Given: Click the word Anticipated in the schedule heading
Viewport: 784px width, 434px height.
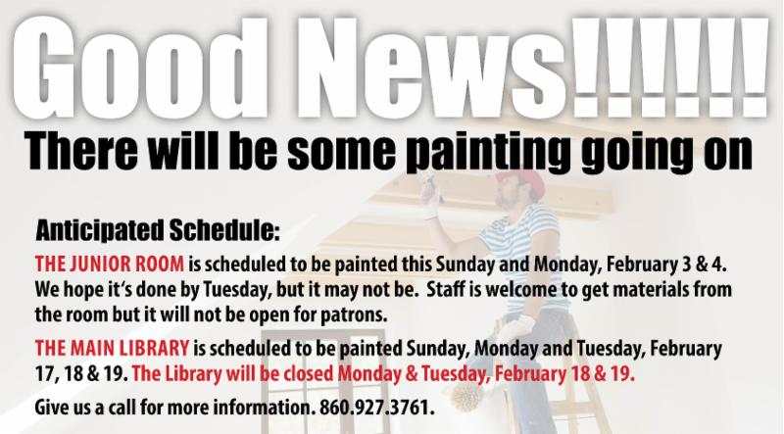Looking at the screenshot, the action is [x=100, y=230].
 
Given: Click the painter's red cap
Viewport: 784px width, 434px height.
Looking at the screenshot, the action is [x=523, y=180].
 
